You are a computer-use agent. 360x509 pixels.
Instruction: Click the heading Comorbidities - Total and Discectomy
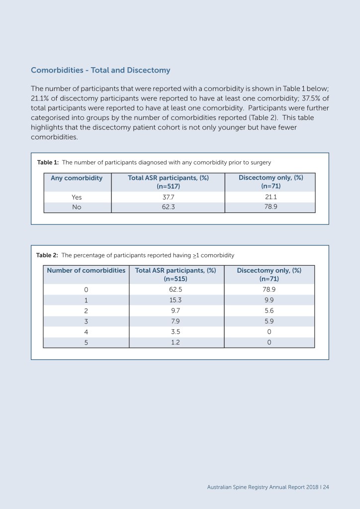coord(100,70)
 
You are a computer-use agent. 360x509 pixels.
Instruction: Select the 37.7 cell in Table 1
coord(168,197)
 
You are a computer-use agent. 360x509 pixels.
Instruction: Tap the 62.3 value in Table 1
coord(168,207)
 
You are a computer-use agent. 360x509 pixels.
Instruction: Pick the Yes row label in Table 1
coord(77,197)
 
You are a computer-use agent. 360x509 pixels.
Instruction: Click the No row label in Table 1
coord(77,207)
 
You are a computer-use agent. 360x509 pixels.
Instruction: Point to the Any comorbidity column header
coord(77,178)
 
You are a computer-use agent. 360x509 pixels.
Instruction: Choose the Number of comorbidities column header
coord(86,270)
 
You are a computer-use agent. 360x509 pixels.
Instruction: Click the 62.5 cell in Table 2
coord(176,289)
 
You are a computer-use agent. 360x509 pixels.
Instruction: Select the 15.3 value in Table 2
coord(176,300)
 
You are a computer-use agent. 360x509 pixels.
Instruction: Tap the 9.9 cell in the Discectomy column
coord(269,300)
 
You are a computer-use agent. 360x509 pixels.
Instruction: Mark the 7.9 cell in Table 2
coord(176,321)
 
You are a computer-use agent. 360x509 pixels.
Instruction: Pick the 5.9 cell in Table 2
coord(269,321)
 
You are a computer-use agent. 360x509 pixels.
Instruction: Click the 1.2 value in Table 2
coord(176,343)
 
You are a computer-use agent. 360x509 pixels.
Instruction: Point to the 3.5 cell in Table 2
coord(176,332)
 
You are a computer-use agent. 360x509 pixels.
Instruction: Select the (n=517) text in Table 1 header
coord(168,186)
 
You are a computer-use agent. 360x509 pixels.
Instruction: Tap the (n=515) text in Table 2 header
coord(176,279)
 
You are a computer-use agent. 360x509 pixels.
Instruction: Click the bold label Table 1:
coord(48,162)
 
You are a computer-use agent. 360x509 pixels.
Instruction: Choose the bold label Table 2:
coord(47,255)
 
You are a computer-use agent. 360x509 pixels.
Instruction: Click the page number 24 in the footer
coord(326,487)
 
